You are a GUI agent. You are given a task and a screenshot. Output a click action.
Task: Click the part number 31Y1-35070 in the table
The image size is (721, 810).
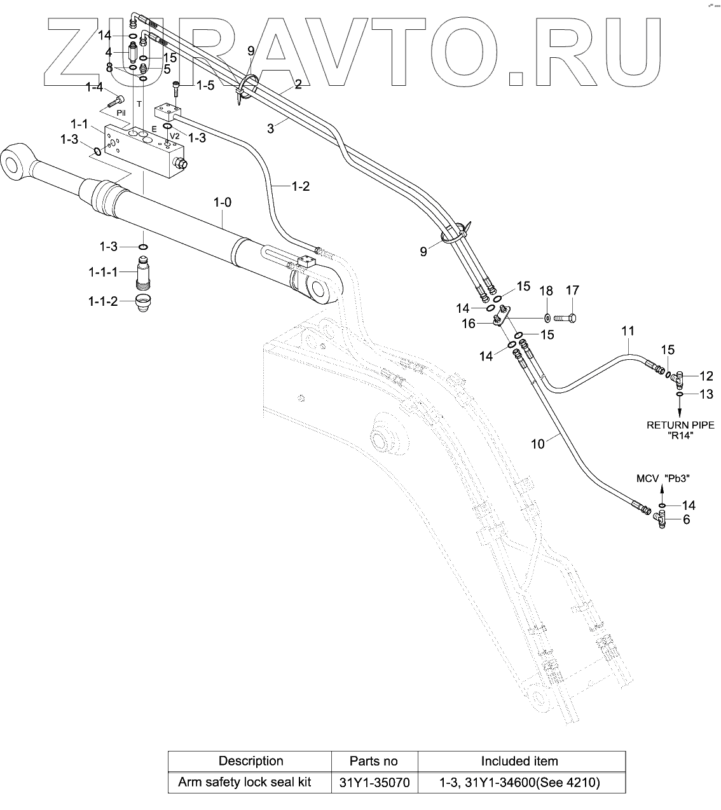point(374,782)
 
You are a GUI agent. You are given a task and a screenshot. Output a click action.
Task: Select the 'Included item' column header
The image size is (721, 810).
point(519,761)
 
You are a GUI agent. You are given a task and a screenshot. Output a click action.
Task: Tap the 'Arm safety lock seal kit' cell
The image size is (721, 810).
point(245,782)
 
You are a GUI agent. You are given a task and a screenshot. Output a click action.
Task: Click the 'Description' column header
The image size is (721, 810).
point(251,761)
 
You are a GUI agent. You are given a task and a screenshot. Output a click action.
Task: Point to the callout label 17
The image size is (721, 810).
point(572,291)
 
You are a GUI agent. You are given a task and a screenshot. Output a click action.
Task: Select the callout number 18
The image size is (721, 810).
point(546,292)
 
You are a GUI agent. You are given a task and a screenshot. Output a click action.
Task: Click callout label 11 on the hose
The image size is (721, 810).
point(628,331)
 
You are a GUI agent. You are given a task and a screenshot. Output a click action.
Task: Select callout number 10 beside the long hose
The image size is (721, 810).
point(538,444)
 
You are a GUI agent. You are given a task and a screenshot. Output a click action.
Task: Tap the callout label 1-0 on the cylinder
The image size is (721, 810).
point(222,203)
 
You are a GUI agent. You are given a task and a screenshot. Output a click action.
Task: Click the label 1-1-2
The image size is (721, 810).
point(103,301)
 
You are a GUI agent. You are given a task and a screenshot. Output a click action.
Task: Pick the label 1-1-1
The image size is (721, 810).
point(103,272)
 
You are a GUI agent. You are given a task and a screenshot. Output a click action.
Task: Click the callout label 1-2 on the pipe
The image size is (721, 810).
point(300,186)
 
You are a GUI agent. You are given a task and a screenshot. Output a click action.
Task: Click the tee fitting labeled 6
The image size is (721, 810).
point(662,522)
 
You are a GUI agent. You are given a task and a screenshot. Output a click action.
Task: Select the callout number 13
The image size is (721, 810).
point(706,394)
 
